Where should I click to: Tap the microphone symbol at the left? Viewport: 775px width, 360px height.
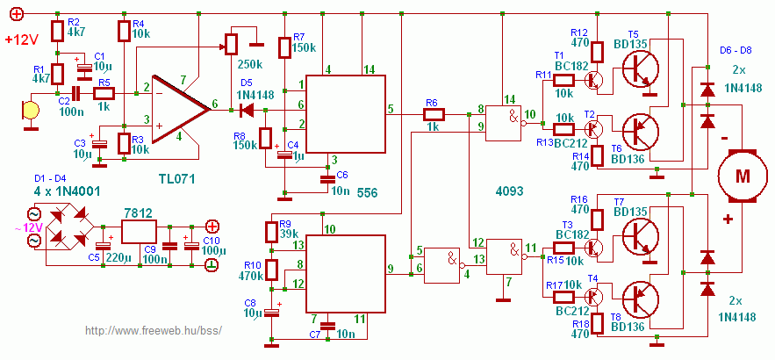click(x=30, y=110)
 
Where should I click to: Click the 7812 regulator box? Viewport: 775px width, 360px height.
click(x=139, y=232)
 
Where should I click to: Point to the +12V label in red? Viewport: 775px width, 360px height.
click(x=22, y=40)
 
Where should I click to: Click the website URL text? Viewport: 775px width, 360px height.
click(x=154, y=330)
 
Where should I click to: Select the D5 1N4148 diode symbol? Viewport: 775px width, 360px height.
click(x=247, y=110)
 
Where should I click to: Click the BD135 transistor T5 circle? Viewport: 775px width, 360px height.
click(x=641, y=68)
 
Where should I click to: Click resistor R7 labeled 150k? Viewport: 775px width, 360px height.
click(x=284, y=47)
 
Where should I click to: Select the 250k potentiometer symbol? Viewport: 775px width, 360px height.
click(x=231, y=45)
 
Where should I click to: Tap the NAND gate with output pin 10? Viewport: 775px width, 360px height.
click(x=504, y=123)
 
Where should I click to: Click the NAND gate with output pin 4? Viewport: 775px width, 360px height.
click(x=442, y=265)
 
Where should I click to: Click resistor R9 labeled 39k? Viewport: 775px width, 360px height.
click(x=271, y=233)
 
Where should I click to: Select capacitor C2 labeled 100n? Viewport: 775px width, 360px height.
click(x=76, y=93)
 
